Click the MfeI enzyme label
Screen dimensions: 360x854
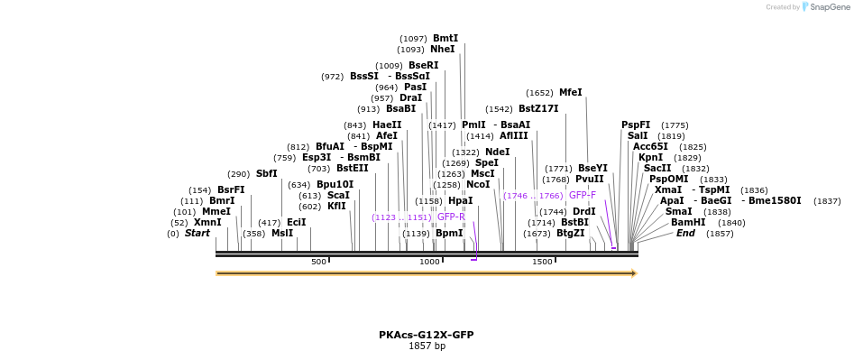tap(571, 92)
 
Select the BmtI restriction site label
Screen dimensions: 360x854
tap(445, 38)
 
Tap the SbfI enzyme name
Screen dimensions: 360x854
tap(267, 173)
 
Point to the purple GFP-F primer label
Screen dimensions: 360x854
tap(583, 195)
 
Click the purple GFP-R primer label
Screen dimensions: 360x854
tap(451, 217)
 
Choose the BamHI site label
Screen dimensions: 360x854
tap(688, 222)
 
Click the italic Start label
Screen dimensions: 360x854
tap(197, 233)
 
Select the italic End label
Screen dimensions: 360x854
tap(685, 233)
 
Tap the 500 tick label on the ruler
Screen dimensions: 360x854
tap(318, 262)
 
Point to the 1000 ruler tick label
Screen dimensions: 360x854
tap(429, 262)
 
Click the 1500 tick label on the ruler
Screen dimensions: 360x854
tap(541, 262)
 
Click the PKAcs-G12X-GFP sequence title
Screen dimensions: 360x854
tap(427, 335)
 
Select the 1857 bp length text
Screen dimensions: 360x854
tap(427, 346)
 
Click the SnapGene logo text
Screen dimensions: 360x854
tap(829, 7)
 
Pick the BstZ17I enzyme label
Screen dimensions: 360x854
tap(538, 108)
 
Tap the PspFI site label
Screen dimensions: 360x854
tap(636, 125)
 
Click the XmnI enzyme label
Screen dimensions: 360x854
tap(207, 222)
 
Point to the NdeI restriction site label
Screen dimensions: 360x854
tap(498, 152)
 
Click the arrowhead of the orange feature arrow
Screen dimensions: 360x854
tap(634, 273)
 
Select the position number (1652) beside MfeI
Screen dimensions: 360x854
tap(539, 93)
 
